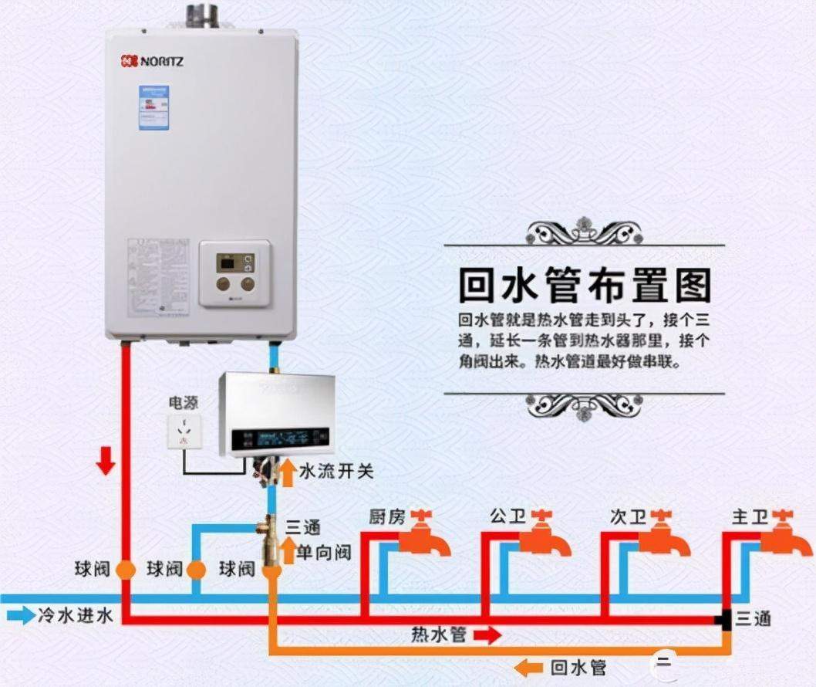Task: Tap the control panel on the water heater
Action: point(235,272)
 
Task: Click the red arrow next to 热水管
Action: point(487,635)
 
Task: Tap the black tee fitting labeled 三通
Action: point(723,618)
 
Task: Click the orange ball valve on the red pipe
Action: point(125,570)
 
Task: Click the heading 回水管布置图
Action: point(584,286)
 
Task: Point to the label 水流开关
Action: point(336,471)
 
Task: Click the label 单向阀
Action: point(325,552)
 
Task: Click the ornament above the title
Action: point(584,230)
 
